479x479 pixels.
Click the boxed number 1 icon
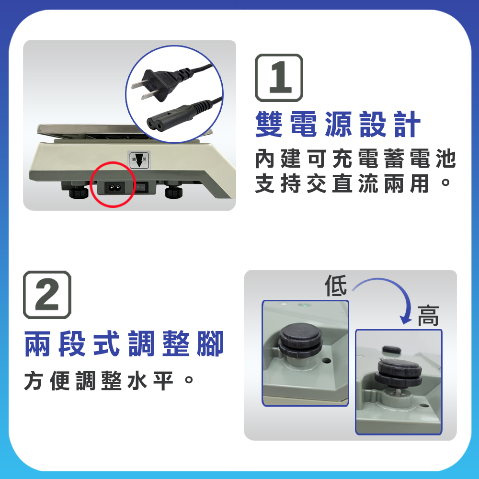[x=279, y=78]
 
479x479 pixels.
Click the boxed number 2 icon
[x=47, y=295]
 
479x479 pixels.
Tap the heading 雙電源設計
[x=338, y=125]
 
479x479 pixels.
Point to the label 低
[x=336, y=286]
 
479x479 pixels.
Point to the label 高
[x=428, y=316]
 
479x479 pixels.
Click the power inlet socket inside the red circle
[x=114, y=188]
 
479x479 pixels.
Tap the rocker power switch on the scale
[x=142, y=186]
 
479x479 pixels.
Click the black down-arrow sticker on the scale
[x=139, y=160]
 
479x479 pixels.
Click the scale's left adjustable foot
[x=79, y=191]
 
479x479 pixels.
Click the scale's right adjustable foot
[x=174, y=190]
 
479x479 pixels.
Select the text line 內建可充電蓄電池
[x=355, y=159]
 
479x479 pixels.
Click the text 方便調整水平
[x=109, y=381]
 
